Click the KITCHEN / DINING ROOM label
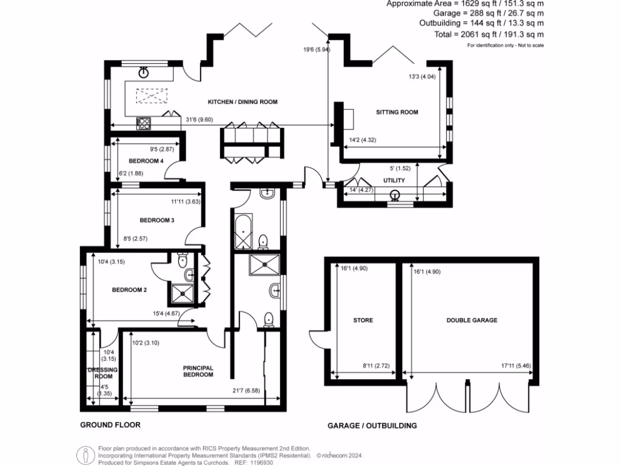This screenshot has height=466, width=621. (x=243, y=102)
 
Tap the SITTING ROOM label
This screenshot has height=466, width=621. (x=397, y=112)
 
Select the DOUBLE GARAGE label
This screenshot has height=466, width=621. (x=471, y=320)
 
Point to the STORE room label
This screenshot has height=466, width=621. (x=363, y=320)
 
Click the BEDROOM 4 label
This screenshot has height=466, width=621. (x=146, y=161)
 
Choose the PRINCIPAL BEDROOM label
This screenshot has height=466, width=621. (x=198, y=371)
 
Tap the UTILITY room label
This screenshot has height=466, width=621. (x=394, y=181)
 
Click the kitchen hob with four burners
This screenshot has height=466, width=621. (x=144, y=123)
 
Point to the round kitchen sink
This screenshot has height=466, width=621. (x=144, y=73)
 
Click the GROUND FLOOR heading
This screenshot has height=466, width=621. (x=110, y=425)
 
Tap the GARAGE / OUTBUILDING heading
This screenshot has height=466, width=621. (x=372, y=426)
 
